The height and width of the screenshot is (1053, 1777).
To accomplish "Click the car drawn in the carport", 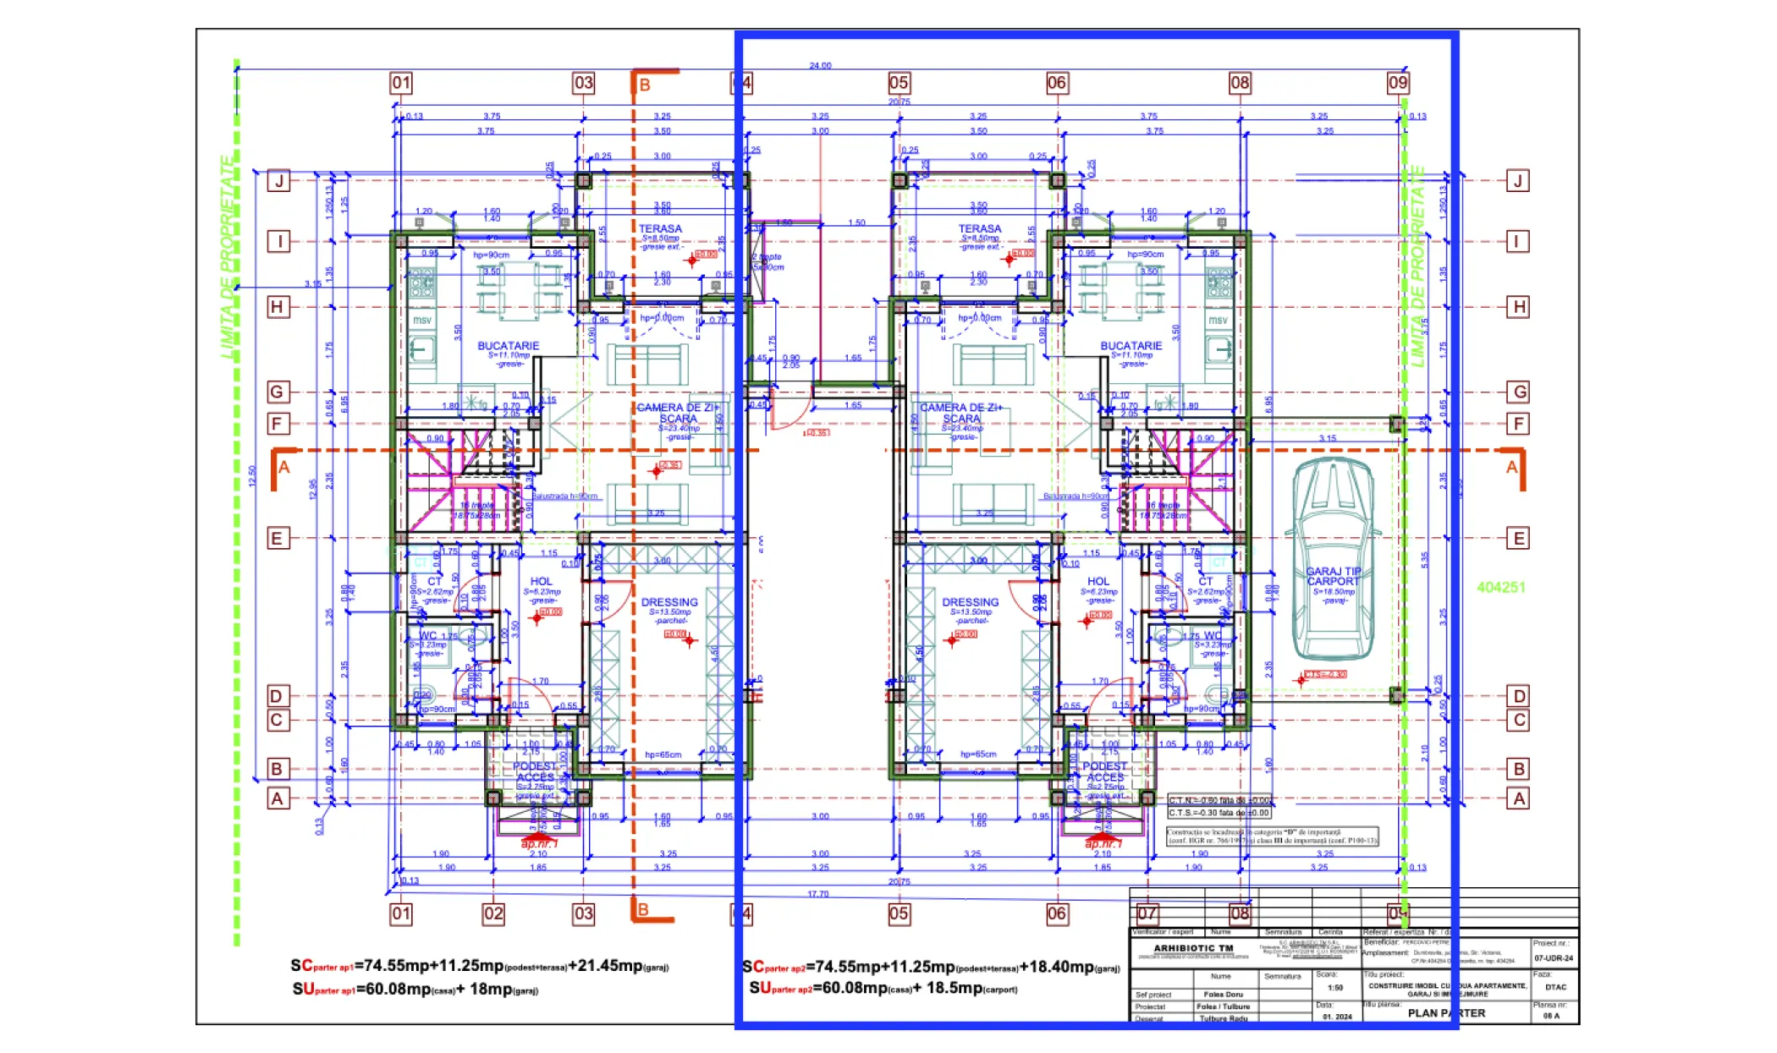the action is click(x=1333, y=558).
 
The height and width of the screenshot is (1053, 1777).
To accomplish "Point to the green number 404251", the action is click(x=1500, y=587).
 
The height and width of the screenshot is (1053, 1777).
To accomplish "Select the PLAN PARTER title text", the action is click(x=1446, y=1012).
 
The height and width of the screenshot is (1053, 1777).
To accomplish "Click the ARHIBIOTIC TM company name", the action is click(x=1193, y=948).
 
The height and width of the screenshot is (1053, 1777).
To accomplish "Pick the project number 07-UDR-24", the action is click(x=1554, y=958).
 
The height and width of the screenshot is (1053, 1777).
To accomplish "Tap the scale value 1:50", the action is click(x=1335, y=987).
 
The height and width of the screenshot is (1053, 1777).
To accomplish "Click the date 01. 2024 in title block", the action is click(x=1337, y=1017).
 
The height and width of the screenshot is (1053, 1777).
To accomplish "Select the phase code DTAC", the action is click(x=1555, y=987).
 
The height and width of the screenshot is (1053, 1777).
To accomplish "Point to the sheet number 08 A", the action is click(x=1551, y=1016).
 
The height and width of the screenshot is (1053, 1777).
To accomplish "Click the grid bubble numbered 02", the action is click(x=493, y=913).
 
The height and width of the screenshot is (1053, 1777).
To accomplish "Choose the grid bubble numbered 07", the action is click(x=1147, y=913).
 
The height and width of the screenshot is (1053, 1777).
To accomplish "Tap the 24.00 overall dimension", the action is click(x=820, y=65).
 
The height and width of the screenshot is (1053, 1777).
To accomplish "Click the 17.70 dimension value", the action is click(x=817, y=894).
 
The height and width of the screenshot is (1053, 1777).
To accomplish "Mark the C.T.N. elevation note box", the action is click(x=1219, y=800).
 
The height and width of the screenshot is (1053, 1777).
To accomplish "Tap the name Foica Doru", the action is click(x=1223, y=995).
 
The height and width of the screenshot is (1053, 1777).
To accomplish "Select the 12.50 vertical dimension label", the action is click(x=252, y=476).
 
